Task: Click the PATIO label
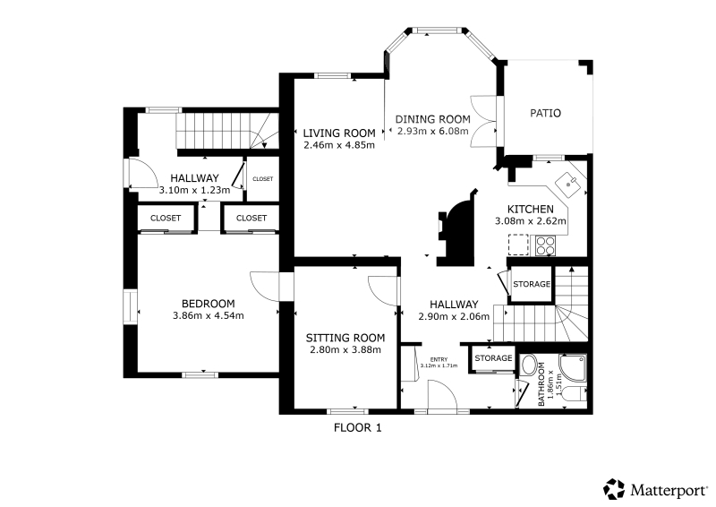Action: pyautogui.click(x=545, y=113)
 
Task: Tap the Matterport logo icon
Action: pyautogui.click(x=614, y=489)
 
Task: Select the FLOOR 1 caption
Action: pyautogui.click(x=357, y=428)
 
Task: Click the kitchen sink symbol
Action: pyautogui.click(x=568, y=184)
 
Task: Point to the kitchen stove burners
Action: pyautogui.click(x=546, y=245)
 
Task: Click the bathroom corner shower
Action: pyautogui.click(x=573, y=367)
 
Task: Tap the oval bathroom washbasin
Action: pyautogui.click(x=529, y=365)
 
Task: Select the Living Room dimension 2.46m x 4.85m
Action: pyautogui.click(x=339, y=145)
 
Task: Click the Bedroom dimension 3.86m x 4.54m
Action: pyautogui.click(x=209, y=315)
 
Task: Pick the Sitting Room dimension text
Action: pyautogui.click(x=345, y=349)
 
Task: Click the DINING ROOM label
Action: pyautogui.click(x=432, y=119)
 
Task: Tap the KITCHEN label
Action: pyautogui.click(x=531, y=210)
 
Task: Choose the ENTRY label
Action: pyautogui.click(x=439, y=359)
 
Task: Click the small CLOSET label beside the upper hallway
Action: pyautogui.click(x=262, y=179)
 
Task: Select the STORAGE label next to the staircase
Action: pyautogui.click(x=532, y=284)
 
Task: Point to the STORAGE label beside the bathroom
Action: pyautogui.click(x=493, y=358)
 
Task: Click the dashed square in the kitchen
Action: pyautogui.click(x=518, y=245)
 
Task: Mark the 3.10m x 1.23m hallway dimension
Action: pyautogui.click(x=194, y=190)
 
